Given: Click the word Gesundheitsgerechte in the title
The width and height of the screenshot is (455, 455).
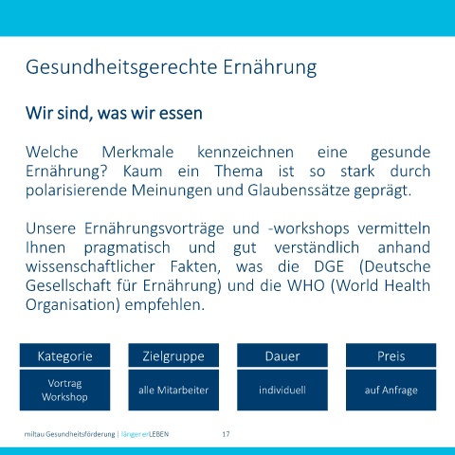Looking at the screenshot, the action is tap(121, 67).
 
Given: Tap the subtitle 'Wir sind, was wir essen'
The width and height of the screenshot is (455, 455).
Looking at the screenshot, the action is tap(114, 113).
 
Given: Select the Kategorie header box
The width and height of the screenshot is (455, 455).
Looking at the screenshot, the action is tap(64, 355).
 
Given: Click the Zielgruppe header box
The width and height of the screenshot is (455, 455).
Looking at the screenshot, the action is tap(173, 355).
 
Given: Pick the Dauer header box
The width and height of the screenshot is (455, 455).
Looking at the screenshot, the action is tap(282, 355).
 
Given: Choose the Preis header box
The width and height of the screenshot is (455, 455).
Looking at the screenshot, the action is tap(391, 355).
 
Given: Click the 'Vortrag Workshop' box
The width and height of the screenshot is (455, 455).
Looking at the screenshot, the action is tap(64, 391).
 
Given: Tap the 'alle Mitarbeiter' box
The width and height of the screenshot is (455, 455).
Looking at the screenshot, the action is tap(173, 391).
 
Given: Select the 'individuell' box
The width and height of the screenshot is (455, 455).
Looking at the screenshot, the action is tap(282, 391).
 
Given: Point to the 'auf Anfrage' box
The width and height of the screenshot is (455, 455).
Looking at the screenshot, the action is tap(391, 391).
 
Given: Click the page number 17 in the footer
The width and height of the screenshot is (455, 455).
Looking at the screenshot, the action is tap(226, 434).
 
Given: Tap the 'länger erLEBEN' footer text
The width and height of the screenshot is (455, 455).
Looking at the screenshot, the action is tap(145, 434).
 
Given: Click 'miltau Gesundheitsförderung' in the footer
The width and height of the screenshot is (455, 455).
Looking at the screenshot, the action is tap(69, 434).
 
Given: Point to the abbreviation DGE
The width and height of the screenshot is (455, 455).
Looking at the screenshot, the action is tap(329, 266).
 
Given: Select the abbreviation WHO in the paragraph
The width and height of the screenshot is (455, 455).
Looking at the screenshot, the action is tap(306, 285).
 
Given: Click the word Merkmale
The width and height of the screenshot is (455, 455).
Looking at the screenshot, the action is tap(137, 152).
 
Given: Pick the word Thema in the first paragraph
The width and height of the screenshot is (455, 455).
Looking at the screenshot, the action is tap(239, 172).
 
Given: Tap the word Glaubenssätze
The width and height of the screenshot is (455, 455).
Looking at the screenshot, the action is tap(299, 191).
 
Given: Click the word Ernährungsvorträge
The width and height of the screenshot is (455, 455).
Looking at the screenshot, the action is tap(155, 229).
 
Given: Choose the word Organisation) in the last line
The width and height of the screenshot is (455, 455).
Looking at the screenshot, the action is tap(73, 305).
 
